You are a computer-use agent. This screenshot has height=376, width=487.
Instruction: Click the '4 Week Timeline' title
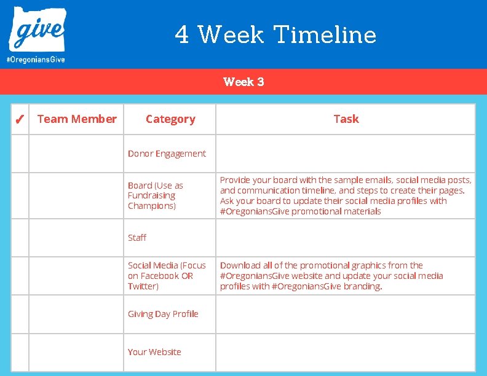(275, 34)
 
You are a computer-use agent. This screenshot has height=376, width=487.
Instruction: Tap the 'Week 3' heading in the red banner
(244, 82)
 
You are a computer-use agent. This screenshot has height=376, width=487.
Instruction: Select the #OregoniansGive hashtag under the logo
(36, 60)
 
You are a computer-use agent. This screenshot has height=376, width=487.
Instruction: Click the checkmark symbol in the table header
(20, 119)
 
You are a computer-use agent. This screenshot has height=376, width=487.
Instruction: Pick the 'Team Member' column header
(77, 119)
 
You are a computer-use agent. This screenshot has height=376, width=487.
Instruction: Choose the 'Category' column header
(170, 119)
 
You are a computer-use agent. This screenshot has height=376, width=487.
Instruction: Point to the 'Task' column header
(346, 119)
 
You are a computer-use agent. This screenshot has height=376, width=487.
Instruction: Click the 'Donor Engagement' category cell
(167, 154)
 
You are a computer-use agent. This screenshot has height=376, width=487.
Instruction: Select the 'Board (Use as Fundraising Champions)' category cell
(156, 195)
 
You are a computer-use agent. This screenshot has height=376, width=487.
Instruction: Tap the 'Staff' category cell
(137, 238)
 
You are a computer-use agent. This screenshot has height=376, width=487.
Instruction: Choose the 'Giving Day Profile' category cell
(163, 314)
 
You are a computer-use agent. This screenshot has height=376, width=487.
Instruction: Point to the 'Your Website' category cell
(154, 352)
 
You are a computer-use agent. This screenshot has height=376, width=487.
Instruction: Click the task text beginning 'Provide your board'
(346, 195)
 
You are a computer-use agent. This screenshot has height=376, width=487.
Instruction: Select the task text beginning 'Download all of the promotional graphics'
(332, 276)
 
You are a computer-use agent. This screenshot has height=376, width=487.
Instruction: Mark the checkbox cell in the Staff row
(20, 238)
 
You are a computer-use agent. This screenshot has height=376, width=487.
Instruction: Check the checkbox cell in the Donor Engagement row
(20, 154)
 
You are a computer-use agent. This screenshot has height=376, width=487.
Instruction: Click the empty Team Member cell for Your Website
(76, 352)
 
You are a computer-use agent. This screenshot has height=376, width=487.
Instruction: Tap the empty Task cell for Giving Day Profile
(346, 314)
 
